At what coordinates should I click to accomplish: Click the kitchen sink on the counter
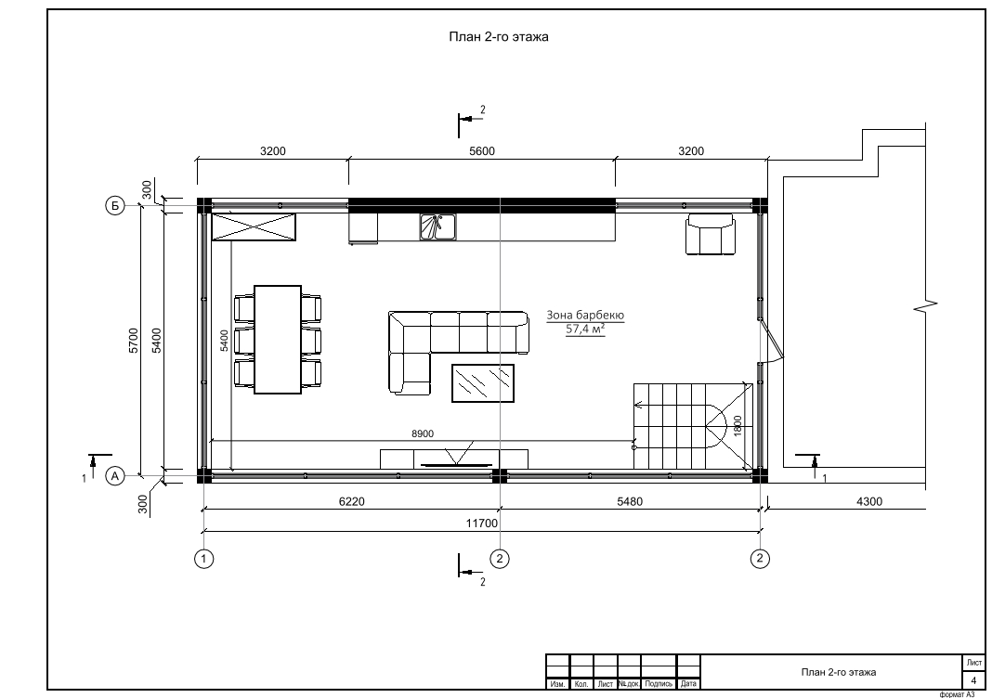(x=437, y=227)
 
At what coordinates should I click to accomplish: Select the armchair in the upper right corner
(x=711, y=235)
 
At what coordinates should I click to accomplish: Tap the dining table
(x=278, y=340)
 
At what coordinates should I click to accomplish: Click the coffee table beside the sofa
(x=483, y=383)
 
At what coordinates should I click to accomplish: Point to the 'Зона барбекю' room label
(x=585, y=315)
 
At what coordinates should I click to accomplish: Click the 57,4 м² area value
(x=585, y=329)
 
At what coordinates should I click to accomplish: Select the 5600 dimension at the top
(x=481, y=151)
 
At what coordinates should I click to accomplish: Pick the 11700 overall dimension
(x=482, y=523)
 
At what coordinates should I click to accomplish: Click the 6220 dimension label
(x=352, y=502)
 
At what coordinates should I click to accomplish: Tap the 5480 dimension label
(x=630, y=502)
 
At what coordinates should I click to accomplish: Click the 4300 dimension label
(x=869, y=502)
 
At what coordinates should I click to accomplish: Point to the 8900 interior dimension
(x=423, y=433)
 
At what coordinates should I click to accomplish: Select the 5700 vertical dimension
(x=134, y=340)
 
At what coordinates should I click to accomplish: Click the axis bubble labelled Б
(x=115, y=205)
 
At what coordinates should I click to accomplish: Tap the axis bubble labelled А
(x=115, y=475)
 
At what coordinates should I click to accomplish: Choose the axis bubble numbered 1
(x=203, y=559)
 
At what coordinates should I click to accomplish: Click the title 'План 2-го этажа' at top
(x=499, y=37)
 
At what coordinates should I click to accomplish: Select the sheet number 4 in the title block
(x=973, y=681)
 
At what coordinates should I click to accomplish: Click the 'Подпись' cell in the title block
(x=659, y=684)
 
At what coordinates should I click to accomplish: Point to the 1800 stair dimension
(x=737, y=425)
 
